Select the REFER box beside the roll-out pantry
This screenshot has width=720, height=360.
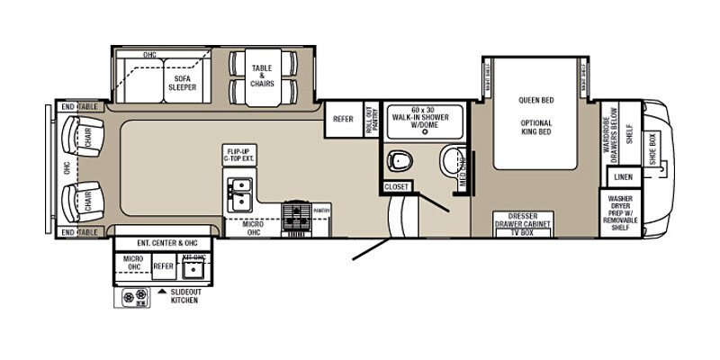(x=343, y=119)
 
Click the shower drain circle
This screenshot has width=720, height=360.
(x=424, y=131)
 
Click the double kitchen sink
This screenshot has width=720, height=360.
(x=239, y=193)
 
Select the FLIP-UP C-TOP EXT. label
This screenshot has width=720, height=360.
(x=238, y=155)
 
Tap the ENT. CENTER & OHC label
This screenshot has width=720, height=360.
(x=163, y=243)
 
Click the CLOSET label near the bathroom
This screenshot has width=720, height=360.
(x=397, y=187)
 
